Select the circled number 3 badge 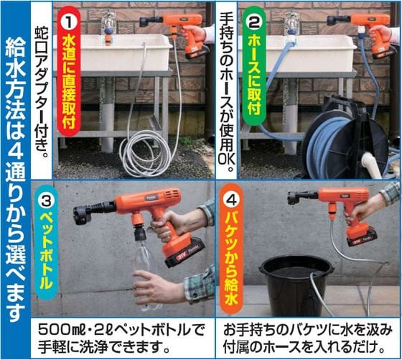click(x=47, y=201)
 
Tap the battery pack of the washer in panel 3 click(x=185, y=253)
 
